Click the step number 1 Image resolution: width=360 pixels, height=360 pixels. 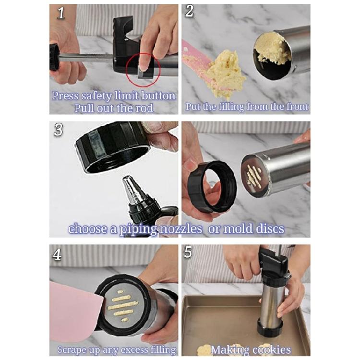pos(61,13)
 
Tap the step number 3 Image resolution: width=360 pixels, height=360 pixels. pos(59,130)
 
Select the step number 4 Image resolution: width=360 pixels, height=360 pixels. pos(57,254)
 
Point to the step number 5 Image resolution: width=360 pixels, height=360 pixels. pos(188,252)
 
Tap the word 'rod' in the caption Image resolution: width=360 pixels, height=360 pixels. pos(143,108)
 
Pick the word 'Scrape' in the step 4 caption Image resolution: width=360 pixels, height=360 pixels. pos(73,349)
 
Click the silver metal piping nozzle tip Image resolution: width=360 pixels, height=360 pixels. pos(134,190)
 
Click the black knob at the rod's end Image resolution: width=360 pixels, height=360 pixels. pos(54,57)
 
